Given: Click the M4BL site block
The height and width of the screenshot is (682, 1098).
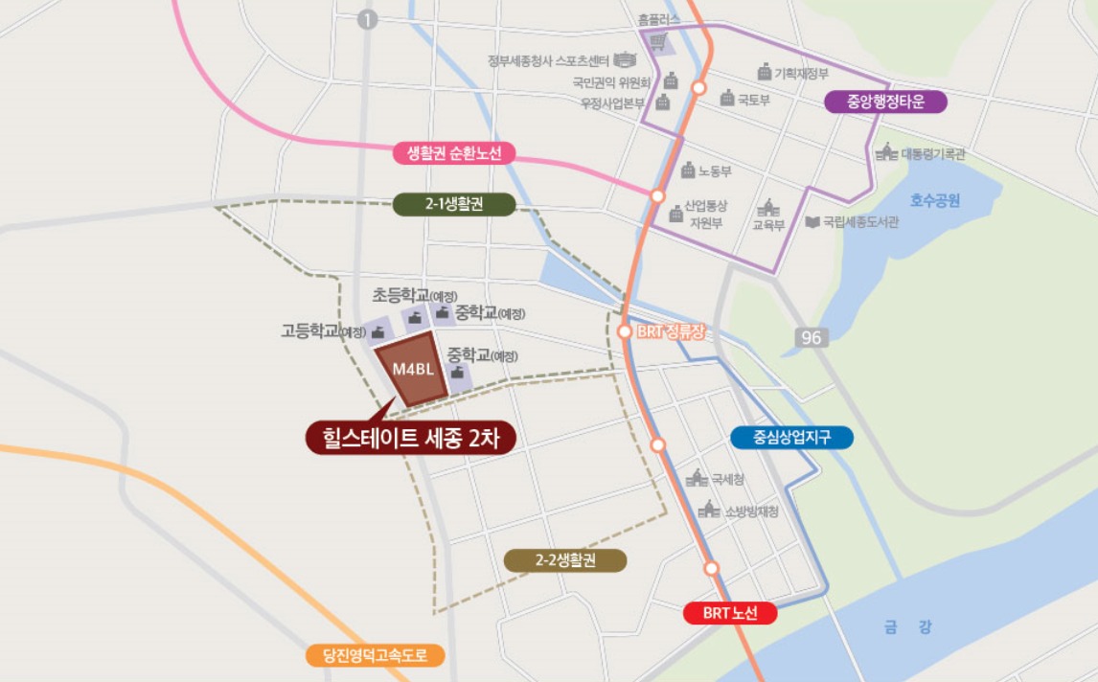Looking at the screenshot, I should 412,372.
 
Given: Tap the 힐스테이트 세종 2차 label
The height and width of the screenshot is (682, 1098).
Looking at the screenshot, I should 411,437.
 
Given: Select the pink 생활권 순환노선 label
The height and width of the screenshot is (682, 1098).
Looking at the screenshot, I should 454,153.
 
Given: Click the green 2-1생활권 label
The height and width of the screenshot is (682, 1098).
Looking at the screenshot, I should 454,204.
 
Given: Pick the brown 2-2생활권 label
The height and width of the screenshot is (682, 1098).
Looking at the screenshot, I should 565,560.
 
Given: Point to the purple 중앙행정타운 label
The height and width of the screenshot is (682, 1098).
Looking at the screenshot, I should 885,102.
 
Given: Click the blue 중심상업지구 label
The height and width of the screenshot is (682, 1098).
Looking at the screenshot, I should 791,438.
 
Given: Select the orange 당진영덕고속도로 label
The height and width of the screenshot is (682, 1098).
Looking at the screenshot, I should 377,656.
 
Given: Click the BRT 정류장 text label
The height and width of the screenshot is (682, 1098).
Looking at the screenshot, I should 671,332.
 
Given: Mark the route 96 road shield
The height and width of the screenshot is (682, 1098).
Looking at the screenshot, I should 811,338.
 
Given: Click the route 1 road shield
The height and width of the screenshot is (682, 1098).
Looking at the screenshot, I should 368,20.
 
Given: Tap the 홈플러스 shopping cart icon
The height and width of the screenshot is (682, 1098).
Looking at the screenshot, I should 658,42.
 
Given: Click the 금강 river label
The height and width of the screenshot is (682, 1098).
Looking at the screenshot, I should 907,627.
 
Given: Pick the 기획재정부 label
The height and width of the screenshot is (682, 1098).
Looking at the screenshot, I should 801,73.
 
